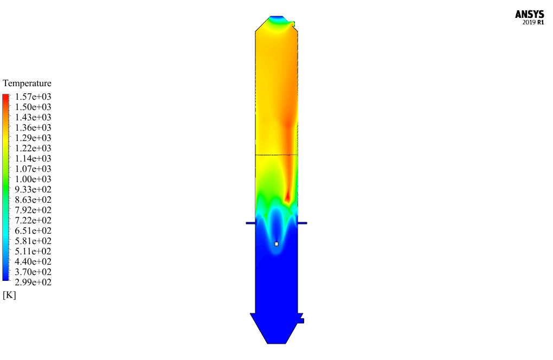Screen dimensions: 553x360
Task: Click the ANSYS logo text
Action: pos(529,15)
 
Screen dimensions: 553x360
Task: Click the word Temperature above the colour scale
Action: pos(27,83)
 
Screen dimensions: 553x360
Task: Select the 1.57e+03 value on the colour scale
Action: pos(33,97)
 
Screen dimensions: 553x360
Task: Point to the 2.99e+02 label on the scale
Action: pos(33,282)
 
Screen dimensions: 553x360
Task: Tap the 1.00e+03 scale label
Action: pos(33,179)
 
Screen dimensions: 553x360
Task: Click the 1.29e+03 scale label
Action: pos(33,138)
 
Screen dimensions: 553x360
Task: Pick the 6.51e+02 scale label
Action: pos(33,230)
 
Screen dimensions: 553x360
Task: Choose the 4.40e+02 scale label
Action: pos(33,262)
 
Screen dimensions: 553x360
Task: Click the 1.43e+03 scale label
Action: pos(33,117)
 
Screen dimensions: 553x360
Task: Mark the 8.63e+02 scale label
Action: pos(33,200)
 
